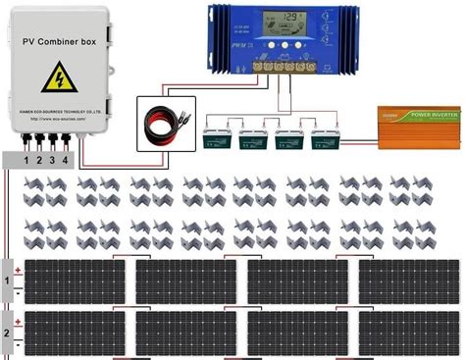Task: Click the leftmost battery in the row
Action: pos(216,138)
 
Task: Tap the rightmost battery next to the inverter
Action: pos(325,138)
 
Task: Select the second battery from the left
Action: pos(252,138)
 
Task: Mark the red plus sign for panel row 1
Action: pos(18,269)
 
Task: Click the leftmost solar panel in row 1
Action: pos(74,282)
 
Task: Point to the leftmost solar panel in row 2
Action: pos(74,333)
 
